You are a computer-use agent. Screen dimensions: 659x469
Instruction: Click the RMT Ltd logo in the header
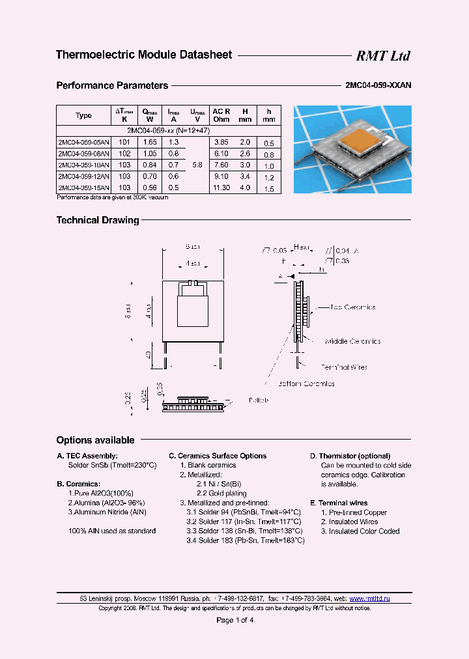382,56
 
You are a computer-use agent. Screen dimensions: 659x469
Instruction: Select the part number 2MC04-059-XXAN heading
377,85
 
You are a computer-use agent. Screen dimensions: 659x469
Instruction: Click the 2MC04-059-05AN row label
83,142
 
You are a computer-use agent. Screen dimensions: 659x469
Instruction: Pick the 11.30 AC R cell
221,188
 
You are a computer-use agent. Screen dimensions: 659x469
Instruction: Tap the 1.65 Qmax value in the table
150,142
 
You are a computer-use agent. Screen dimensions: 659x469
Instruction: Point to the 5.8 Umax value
197,165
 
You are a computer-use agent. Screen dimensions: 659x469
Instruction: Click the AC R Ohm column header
221,115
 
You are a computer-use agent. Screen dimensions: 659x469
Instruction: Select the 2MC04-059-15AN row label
83,188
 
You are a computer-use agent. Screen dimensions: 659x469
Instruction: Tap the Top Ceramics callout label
352,307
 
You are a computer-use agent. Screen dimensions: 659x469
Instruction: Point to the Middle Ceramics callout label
352,341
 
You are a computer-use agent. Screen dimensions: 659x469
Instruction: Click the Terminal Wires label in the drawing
344,367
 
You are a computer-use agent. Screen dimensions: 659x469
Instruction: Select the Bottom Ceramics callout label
306,384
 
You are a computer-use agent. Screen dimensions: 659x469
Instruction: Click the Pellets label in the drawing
259,400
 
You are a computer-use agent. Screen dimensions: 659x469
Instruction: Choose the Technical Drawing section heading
98,220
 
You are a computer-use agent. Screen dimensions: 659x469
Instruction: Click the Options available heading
95,440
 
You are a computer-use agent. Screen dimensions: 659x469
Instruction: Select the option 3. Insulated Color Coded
360,531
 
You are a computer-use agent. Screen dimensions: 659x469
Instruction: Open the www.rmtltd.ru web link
369,598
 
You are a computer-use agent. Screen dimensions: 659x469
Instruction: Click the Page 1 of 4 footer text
234,620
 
